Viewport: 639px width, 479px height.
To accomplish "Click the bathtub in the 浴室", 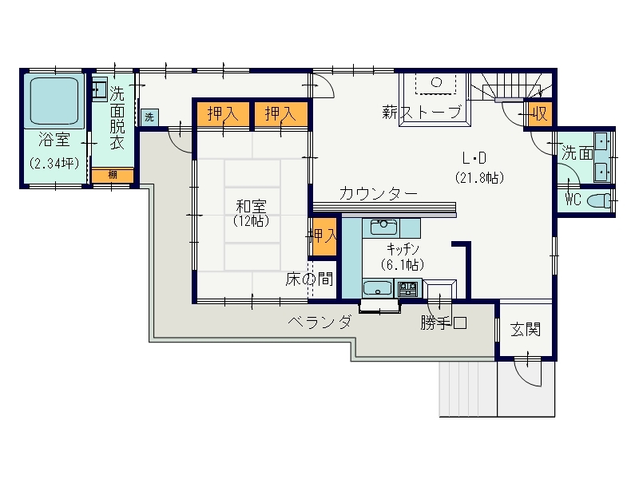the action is point(54,101).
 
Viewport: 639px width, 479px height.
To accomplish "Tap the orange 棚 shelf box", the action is point(113,175).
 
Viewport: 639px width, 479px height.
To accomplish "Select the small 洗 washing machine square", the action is point(149,117).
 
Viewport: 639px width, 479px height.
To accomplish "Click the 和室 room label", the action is point(251,206).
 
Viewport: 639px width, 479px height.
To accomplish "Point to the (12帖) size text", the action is point(251,221).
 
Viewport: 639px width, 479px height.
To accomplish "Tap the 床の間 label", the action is point(309,279).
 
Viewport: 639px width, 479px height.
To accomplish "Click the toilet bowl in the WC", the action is point(598,200).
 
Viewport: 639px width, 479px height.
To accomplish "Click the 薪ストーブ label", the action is point(422,112).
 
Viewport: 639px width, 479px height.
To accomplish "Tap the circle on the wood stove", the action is point(436,82).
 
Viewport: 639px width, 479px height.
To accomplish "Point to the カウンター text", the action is point(378,193).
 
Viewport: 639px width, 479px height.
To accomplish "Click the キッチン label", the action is point(403,248).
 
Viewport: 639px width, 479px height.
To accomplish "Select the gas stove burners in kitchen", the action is point(407,289).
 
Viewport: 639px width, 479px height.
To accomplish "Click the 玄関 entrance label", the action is point(526,329).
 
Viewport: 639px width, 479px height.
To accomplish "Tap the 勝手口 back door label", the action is point(443,323).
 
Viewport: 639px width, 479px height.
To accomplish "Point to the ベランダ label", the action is point(319,322).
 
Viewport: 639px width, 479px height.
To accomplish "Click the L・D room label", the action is point(474,157).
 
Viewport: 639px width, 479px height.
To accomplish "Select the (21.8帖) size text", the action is point(480,178).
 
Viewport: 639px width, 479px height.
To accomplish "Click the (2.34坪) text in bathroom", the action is point(54,164).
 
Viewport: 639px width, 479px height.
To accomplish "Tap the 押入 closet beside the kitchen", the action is point(323,236).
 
